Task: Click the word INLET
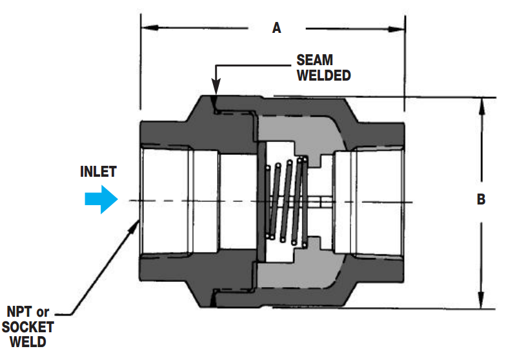(x=98, y=172)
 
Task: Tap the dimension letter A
(x=277, y=28)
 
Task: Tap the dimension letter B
(x=481, y=200)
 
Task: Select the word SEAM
(x=314, y=60)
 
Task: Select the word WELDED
(x=323, y=75)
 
